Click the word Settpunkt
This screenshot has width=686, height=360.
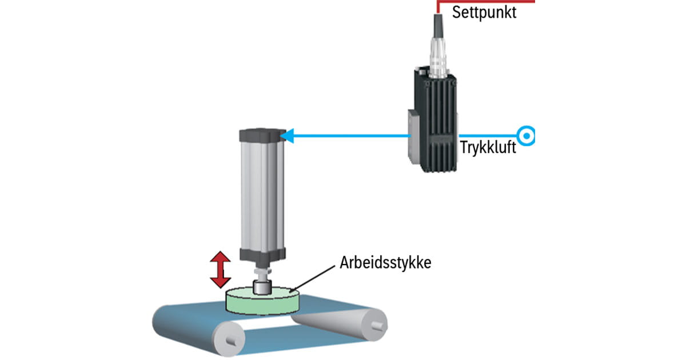(x=484, y=12)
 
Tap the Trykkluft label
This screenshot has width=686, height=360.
(x=488, y=147)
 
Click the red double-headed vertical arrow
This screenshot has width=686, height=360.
(x=220, y=270)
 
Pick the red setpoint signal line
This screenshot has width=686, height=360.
(x=486, y=2)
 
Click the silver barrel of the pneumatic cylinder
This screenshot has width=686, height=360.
(x=260, y=194)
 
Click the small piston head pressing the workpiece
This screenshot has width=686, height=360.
(x=262, y=287)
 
